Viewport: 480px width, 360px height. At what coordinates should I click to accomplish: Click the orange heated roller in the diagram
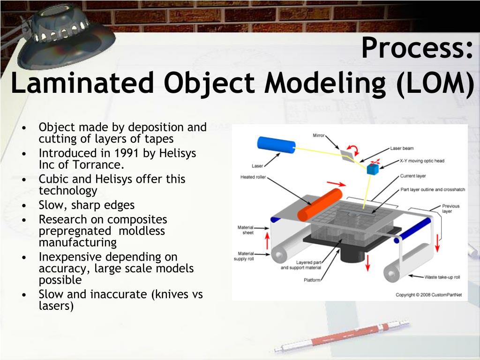click(x=320, y=205)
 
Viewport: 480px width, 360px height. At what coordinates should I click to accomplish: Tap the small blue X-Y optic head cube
click(x=373, y=169)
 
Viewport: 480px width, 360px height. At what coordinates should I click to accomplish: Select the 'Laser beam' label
click(x=402, y=149)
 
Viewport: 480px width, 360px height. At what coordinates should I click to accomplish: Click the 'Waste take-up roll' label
click(x=442, y=277)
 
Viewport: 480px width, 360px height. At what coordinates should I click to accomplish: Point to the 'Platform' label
click(x=312, y=280)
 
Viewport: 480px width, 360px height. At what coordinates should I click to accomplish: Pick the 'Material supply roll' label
click(x=244, y=256)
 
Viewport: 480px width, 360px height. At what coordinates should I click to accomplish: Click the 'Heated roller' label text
click(x=253, y=177)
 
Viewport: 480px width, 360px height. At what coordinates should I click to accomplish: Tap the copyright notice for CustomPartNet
click(x=428, y=295)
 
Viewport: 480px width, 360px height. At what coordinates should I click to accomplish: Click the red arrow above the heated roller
click(x=336, y=184)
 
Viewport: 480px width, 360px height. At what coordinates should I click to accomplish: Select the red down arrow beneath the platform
click(x=367, y=263)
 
